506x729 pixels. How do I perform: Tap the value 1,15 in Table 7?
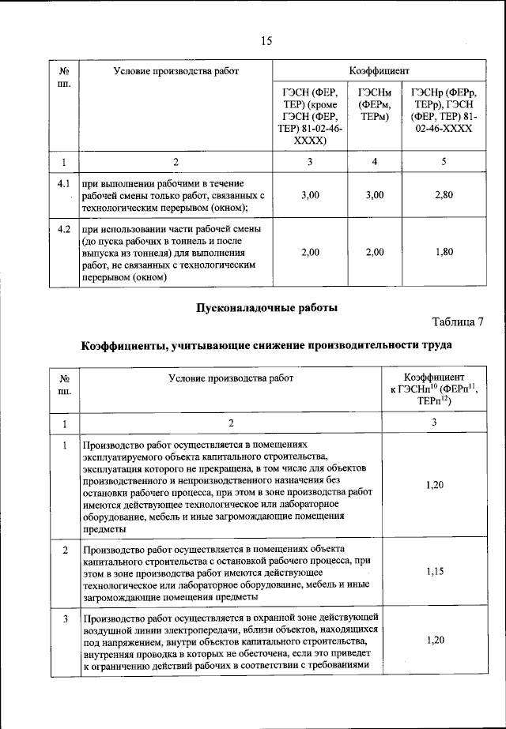click(433, 569)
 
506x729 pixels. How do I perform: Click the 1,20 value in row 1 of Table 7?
click(433, 484)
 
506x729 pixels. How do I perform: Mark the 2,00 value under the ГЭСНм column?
click(375, 252)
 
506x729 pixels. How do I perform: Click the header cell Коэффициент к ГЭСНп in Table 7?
click(433, 389)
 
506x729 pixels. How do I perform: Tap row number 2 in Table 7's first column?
click(65, 548)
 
